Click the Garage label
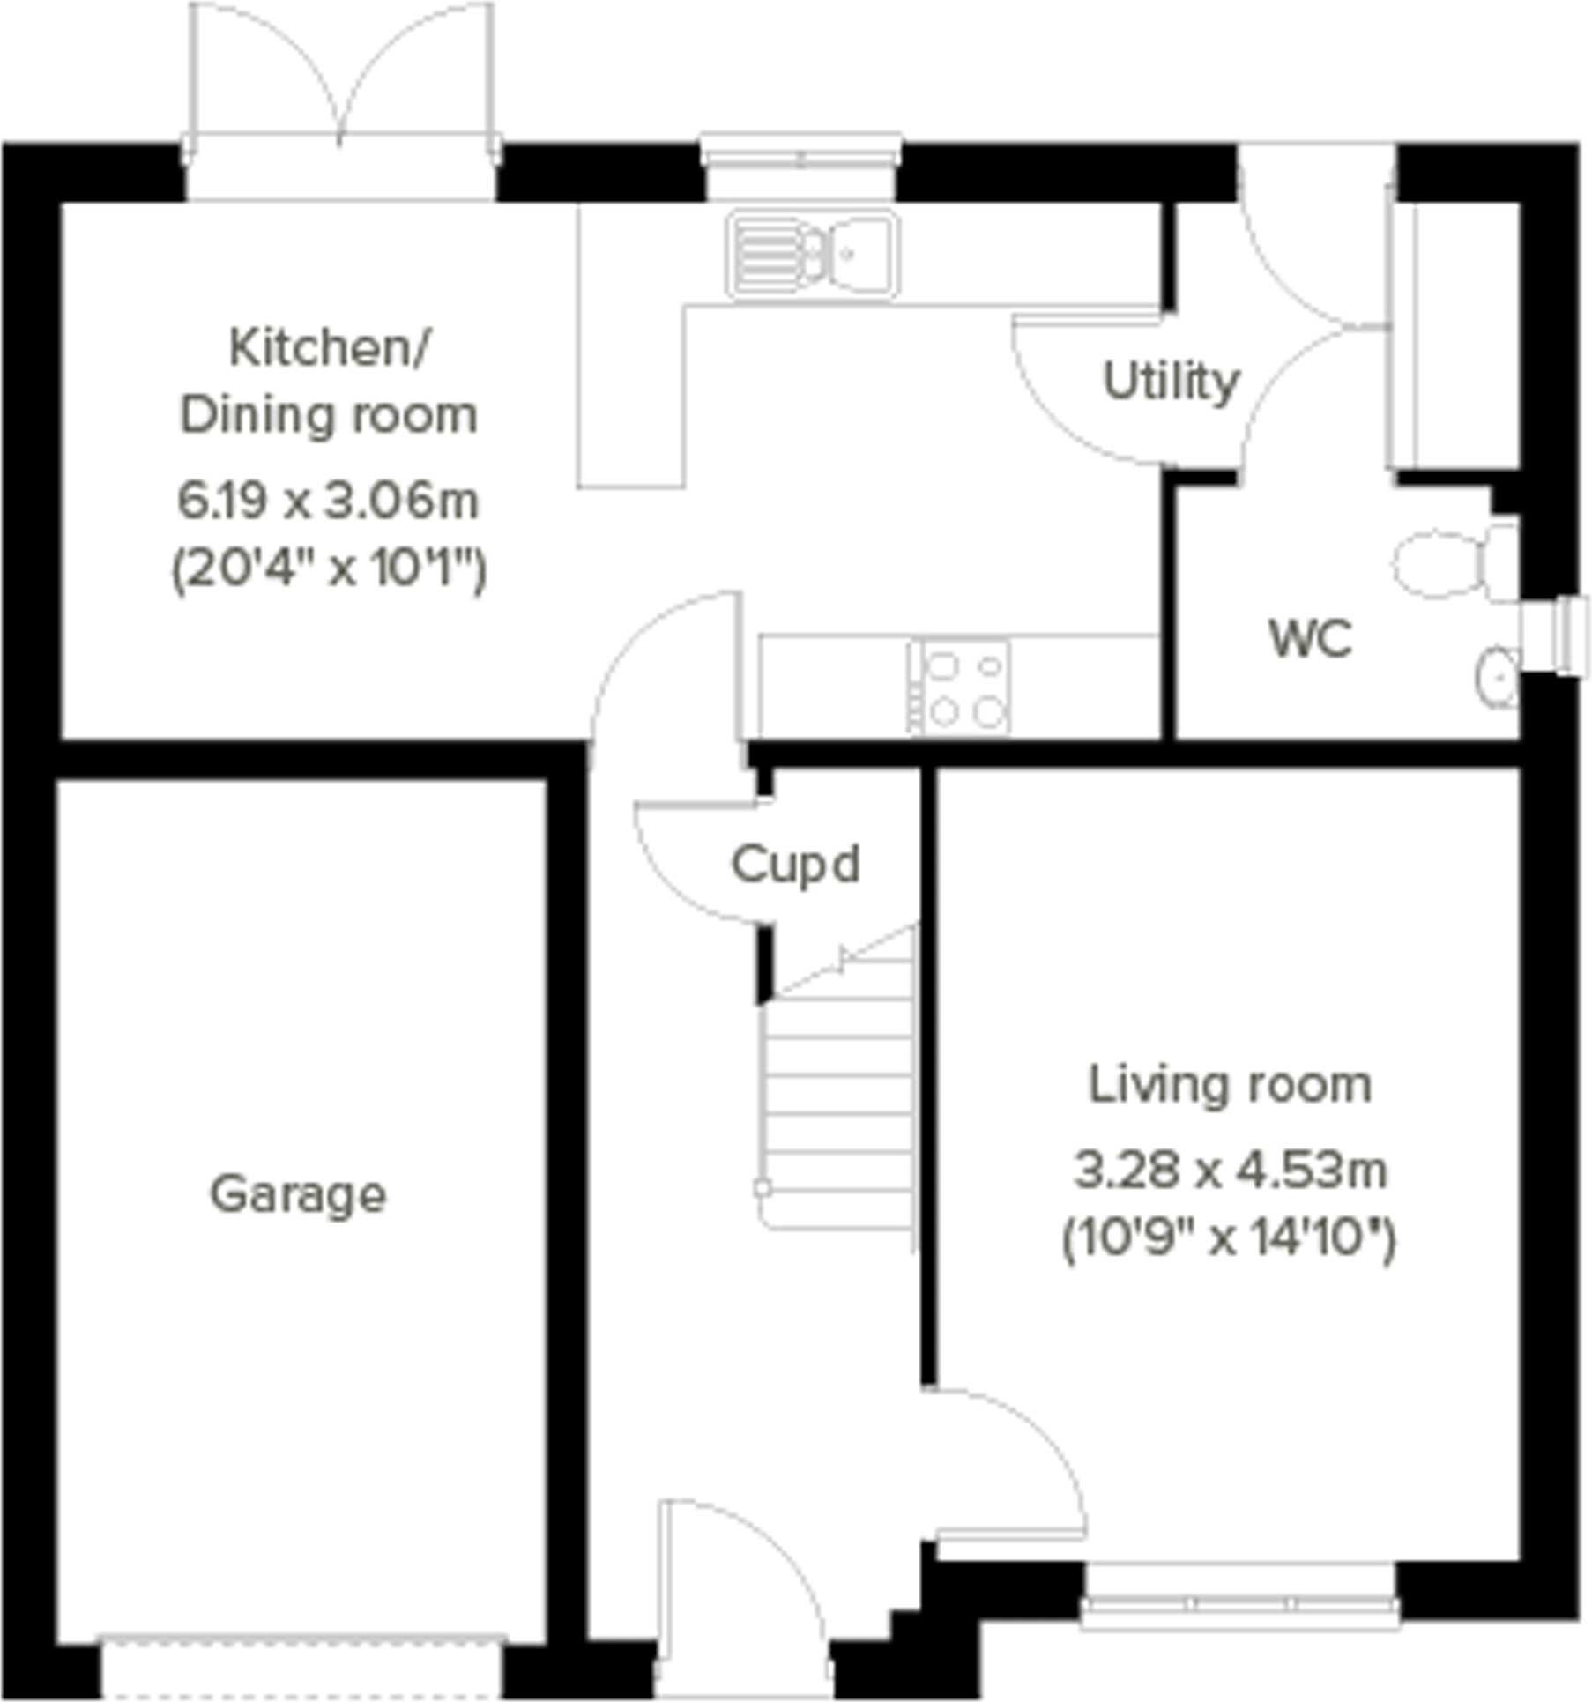click(298, 1196)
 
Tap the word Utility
click(1171, 382)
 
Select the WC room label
click(1310, 639)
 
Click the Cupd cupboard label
click(795, 865)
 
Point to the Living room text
click(1230, 1085)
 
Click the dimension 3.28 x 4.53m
click(1230, 1171)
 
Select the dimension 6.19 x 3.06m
click(328, 501)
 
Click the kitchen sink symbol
click(812, 255)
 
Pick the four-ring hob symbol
click(960, 687)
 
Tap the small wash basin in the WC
click(1497, 677)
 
